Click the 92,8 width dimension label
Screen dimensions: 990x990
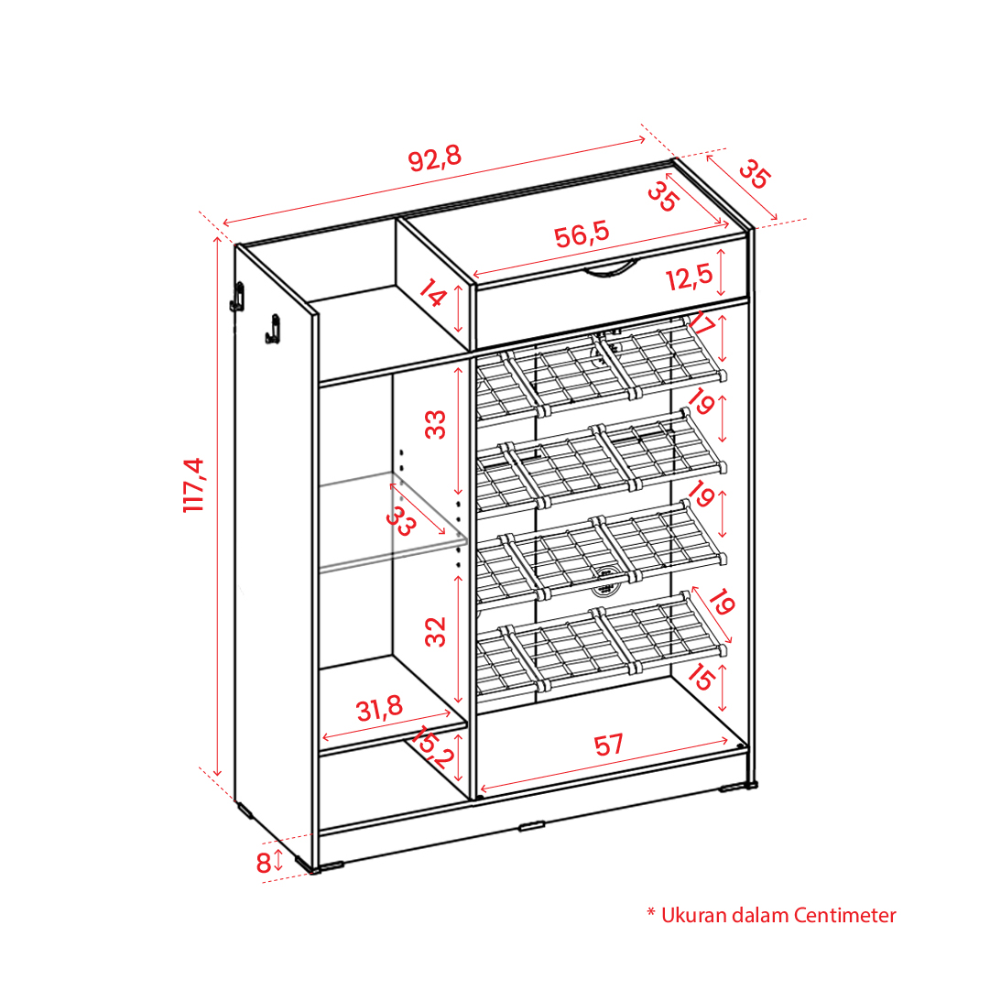[x=435, y=158]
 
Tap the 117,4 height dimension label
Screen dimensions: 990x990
[x=193, y=484]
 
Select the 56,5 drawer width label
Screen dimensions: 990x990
[x=582, y=234]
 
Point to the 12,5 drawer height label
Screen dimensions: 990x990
[x=689, y=277]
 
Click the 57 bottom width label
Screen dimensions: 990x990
[x=609, y=745]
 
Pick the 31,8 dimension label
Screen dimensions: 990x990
[x=379, y=709]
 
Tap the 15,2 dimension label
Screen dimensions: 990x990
[x=433, y=746]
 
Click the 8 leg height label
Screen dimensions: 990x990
[x=263, y=863]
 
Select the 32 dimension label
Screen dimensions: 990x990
[x=436, y=631]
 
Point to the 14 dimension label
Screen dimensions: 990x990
[x=432, y=294]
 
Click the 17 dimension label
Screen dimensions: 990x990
[x=702, y=324]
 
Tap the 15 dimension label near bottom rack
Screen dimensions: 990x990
[x=701, y=678]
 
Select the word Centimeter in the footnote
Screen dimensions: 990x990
[x=844, y=915]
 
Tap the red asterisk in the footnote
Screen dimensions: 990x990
[x=651, y=912]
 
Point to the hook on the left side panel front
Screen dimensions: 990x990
[x=273, y=329]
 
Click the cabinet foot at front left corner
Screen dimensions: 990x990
[x=326, y=867]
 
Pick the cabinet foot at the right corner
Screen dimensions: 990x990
[x=738, y=787]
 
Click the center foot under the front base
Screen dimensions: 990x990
[x=531, y=826]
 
